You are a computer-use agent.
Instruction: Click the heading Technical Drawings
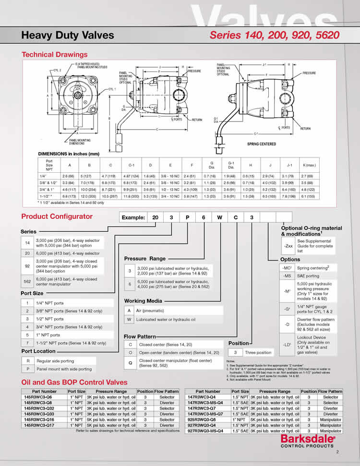pos(54,55)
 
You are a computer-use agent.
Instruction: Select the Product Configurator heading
pos(57,216)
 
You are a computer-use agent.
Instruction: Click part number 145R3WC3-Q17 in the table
pos(41,425)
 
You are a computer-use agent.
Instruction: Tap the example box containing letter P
pos(187,217)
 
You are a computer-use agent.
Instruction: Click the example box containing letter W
pos(219,217)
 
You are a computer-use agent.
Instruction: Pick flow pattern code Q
pos(130,363)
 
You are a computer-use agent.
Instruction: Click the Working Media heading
pos(143,301)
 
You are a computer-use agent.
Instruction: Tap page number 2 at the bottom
pos(337,452)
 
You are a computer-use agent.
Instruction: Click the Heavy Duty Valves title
pos(68,35)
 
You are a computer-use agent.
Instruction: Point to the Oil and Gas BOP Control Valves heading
pos(74,382)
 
